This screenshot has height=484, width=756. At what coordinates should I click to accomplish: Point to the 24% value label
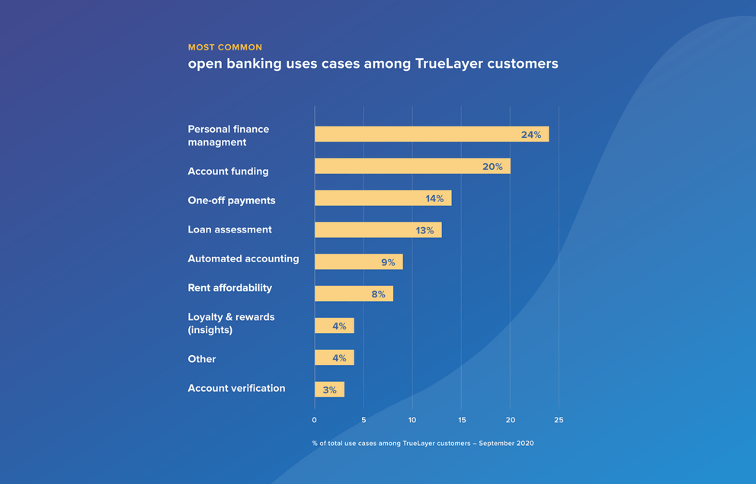(x=531, y=135)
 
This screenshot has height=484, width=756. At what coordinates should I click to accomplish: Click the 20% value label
(x=492, y=167)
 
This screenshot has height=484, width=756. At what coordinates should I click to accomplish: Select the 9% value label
(x=388, y=263)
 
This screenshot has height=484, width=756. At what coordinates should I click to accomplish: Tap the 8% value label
(x=378, y=294)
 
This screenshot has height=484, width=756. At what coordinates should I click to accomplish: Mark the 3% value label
(x=329, y=390)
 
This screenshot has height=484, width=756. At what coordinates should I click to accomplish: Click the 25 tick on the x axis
(x=559, y=420)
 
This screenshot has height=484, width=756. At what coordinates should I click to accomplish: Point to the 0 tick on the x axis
(x=315, y=420)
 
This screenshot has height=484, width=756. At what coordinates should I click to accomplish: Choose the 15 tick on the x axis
(x=462, y=420)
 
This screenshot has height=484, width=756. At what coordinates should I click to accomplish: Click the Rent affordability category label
(x=229, y=288)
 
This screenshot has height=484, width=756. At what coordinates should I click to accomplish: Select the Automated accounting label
(x=243, y=259)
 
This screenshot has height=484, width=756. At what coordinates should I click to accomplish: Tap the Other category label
(x=202, y=359)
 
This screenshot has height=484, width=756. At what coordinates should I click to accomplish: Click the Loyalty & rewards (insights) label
(x=231, y=323)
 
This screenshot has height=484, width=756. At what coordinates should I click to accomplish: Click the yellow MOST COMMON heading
(x=225, y=47)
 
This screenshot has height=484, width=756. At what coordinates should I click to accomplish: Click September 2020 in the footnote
(x=506, y=443)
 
